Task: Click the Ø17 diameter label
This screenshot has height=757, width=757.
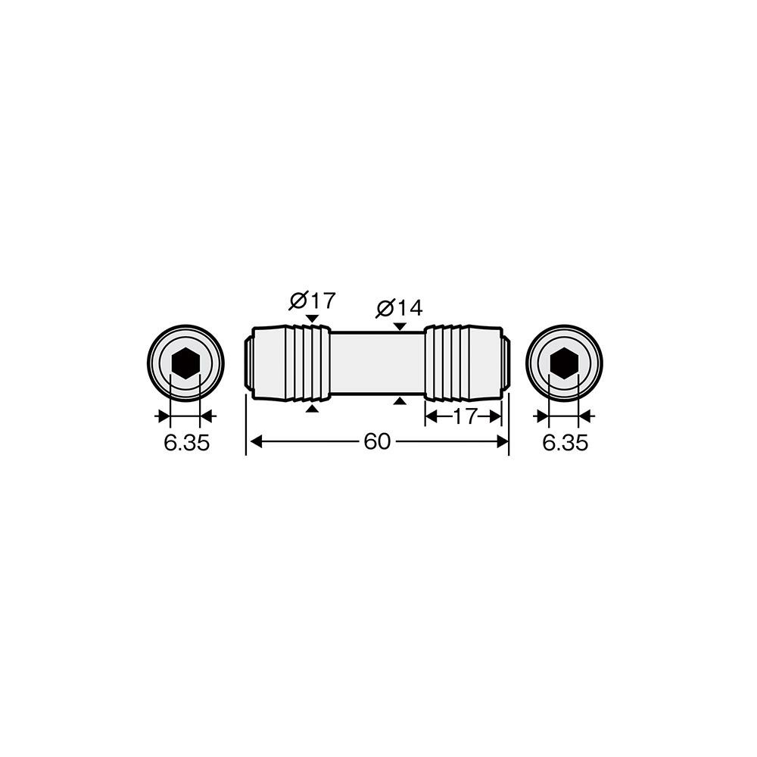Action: pos(313,301)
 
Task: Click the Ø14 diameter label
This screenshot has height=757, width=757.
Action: pos(399,307)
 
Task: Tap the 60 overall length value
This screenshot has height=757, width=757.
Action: pos(377,441)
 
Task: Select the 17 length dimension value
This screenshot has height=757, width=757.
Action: pos(465,416)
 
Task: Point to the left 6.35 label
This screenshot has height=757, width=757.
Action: pos(187,443)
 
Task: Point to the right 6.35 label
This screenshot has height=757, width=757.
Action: pos(565,443)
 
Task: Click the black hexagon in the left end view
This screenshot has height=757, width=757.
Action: pos(185,363)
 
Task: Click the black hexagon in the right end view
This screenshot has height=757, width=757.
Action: pos(564,363)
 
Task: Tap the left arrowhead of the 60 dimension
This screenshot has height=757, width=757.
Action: pos(257,441)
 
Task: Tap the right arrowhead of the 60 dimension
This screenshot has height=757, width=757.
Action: pos(503,441)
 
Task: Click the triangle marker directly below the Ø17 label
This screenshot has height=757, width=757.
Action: pos(313,319)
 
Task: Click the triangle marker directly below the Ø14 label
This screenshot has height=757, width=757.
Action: pos(400,327)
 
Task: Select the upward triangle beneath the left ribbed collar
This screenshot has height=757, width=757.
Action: pos(313,409)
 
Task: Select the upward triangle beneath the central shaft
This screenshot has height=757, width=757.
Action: pos(399,400)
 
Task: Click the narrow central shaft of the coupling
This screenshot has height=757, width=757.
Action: pos(377,363)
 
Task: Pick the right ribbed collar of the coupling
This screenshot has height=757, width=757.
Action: pos(447,363)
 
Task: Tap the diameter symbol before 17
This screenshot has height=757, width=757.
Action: pos(298,301)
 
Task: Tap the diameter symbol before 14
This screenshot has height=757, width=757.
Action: pos(385,309)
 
